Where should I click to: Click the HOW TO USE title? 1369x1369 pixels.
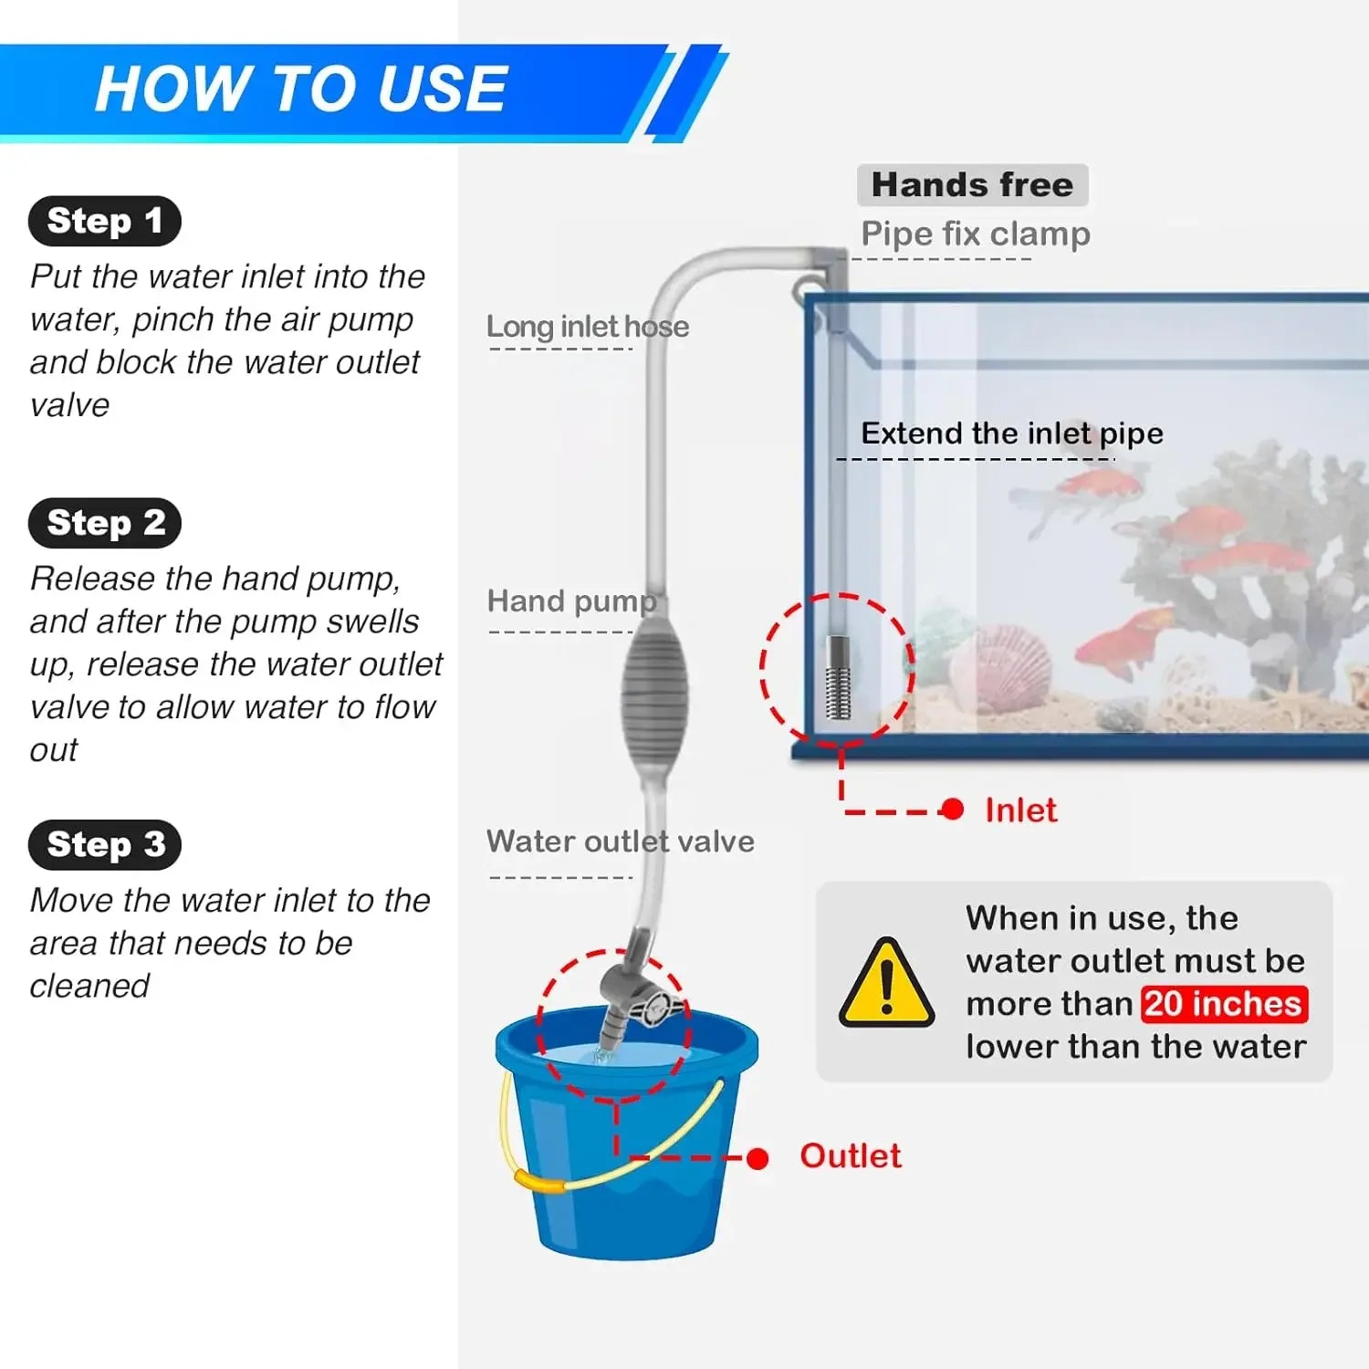coord(300,89)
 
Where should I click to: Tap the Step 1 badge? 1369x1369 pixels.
coord(105,221)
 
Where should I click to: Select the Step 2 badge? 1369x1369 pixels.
coord(105,523)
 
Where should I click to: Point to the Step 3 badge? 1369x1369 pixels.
coord(105,844)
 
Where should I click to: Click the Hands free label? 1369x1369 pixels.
coord(972,185)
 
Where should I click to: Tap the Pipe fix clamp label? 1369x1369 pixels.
coord(975,235)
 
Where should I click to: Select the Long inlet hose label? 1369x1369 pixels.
coord(587,327)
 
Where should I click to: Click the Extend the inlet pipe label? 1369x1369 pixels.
coord(1011,434)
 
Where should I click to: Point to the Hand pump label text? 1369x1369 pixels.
coord(571,601)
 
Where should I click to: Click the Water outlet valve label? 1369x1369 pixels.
coord(620,841)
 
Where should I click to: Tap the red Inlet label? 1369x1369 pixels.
coord(1020,810)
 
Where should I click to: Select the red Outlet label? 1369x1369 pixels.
coord(850,1156)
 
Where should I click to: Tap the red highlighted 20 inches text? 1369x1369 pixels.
coord(1224,1004)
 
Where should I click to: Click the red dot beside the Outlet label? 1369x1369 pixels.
coord(758,1159)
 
